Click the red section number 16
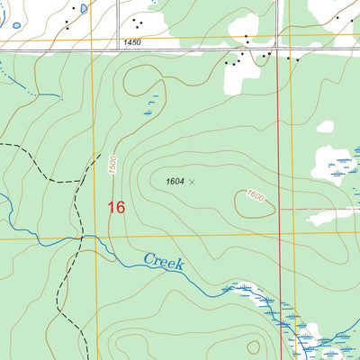point(115,207)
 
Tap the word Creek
point(164,263)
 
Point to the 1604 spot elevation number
point(175,182)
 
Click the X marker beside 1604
point(191,182)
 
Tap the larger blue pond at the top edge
point(82,8)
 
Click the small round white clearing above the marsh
point(325,128)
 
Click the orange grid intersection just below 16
point(94,238)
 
